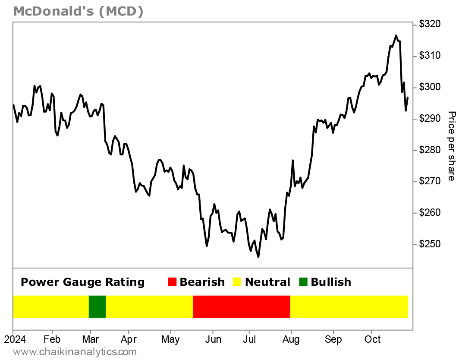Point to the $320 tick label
[429, 25]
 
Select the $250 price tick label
[429, 245]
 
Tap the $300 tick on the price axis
[429, 88]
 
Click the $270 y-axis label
[429, 182]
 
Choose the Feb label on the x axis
[52, 340]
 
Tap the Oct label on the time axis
[372, 340]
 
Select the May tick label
[170, 340]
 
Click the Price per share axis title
[451, 146]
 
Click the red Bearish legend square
[173, 282]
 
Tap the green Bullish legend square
[304, 282]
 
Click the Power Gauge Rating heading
[82, 282]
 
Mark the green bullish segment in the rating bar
[97, 306]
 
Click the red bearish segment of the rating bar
[242, 306]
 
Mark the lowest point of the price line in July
[258, 257]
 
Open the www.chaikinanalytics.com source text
[69, 352]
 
